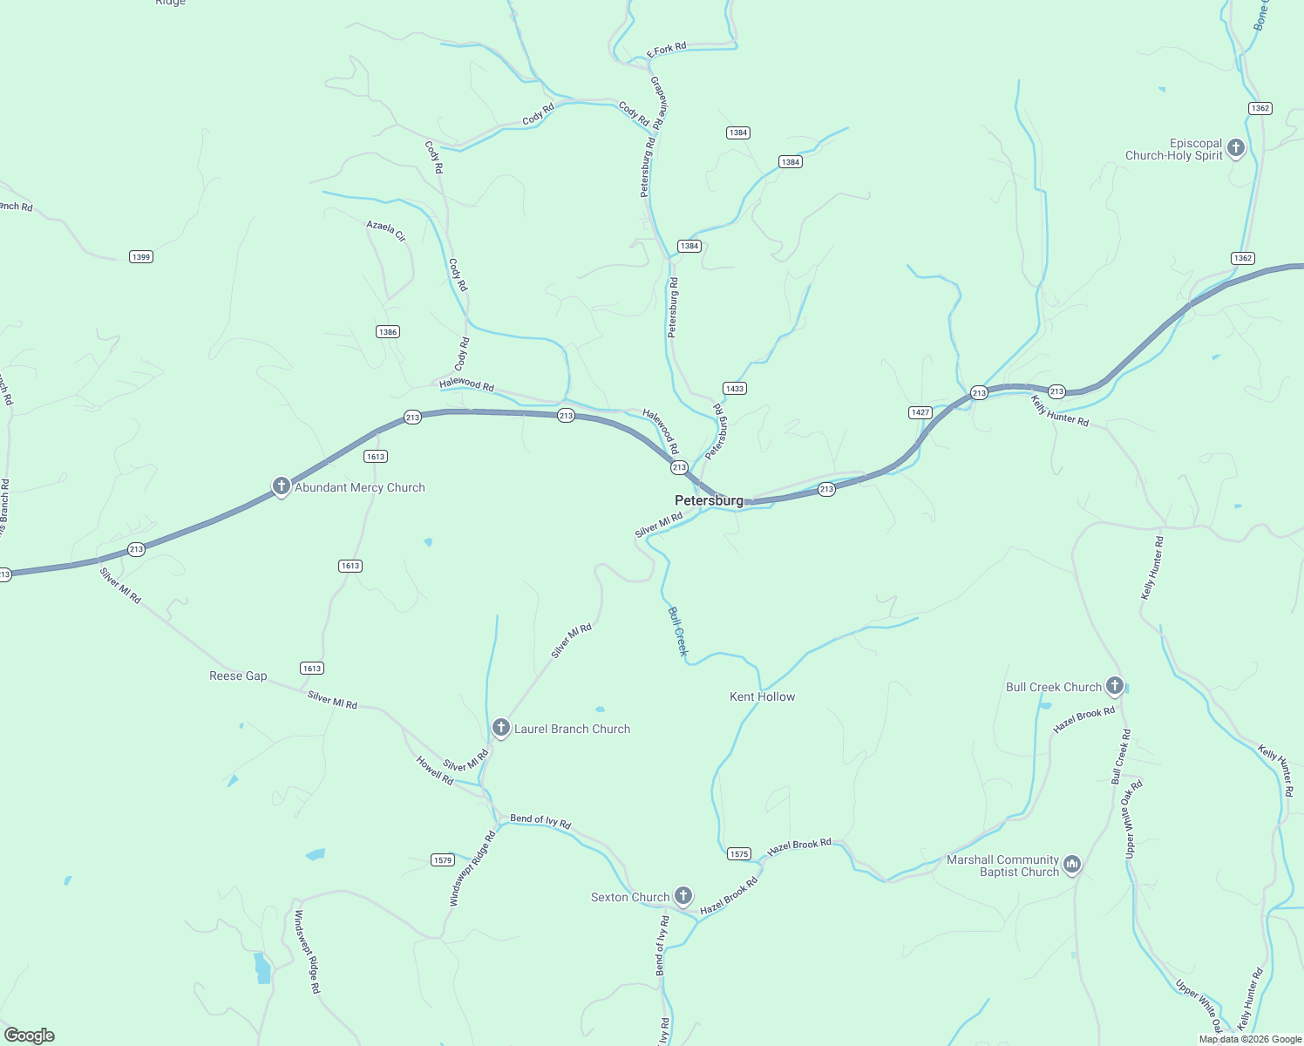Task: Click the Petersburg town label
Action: [x=709, y=500]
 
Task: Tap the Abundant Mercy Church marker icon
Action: [x=281, y=486]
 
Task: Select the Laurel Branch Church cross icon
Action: [x=500, y=728]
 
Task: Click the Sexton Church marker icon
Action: [x=683, y=895]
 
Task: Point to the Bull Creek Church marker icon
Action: [x=1114, y=686]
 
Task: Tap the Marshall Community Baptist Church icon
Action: [x=1072, y=864]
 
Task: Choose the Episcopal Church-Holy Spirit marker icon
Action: [x=1235, y=148]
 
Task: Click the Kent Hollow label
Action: [x=762, y=696]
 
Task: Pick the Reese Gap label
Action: [x=238, y=676]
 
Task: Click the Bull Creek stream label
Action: [x=677, y=630]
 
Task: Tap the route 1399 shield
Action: [x=140, y=256]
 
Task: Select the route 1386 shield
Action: [x=388, y=331]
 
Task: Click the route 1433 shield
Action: [x=735, y=388]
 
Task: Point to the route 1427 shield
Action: [x=920, y=412]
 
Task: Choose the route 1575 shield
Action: [x=738, y=854]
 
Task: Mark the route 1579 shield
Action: [x=443, y=860]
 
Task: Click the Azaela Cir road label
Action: [x=386, y=230]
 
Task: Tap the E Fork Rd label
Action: [x=667, y=49]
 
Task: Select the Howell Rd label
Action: [x=435, y=771]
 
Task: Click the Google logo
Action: [x=30, y=1035]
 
